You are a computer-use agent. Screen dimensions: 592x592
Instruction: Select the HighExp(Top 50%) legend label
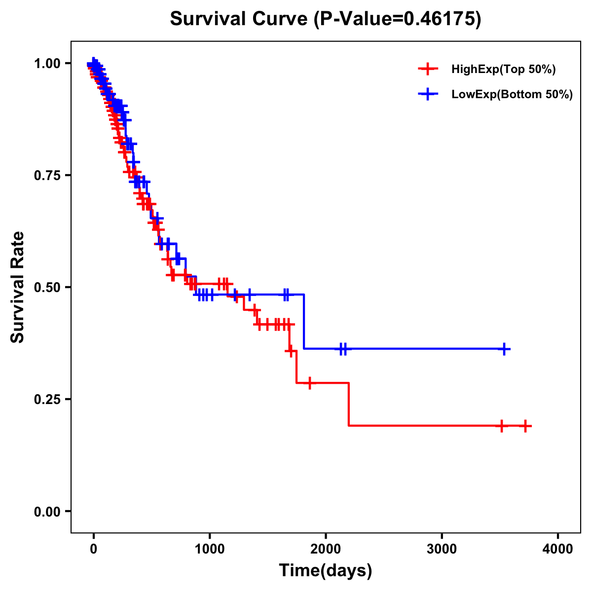coord(503,70)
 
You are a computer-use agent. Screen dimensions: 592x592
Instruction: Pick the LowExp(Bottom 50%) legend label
coord(512,95)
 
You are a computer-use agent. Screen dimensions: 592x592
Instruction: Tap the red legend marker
coord(428,69)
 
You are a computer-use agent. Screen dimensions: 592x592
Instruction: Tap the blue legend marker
coord(428,94)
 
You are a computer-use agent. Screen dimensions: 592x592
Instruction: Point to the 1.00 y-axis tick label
coord(47,63)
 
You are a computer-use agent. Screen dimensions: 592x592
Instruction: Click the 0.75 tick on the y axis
coord(47,175)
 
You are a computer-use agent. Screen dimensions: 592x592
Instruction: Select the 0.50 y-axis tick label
coord(47,287)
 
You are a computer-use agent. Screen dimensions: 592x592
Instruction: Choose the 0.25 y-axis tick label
coord(47,399)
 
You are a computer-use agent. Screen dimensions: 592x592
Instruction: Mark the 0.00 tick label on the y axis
coord(47,511)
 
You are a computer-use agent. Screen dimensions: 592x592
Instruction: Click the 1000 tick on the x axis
coord(210,549)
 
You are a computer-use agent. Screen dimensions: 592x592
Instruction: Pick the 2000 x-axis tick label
coord(326,549)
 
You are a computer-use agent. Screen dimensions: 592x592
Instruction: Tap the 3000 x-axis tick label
coord(442,549)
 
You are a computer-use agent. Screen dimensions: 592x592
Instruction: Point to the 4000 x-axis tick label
coord(558,549)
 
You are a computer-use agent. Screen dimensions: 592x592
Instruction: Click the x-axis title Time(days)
coord(326,571)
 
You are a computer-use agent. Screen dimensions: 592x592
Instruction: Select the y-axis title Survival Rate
coord(18,287)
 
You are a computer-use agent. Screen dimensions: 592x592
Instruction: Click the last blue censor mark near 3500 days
coord(504,349)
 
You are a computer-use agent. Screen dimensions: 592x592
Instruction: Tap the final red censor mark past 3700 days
coord(525,425)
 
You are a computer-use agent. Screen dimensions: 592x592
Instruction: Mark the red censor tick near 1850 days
coord(310,383)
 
